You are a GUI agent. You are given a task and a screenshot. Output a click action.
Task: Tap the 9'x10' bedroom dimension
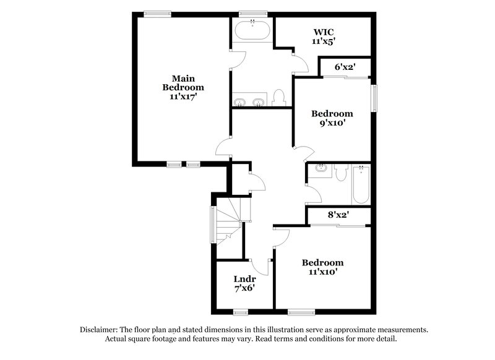[332, 122]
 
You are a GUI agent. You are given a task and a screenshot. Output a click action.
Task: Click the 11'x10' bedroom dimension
[322, 272]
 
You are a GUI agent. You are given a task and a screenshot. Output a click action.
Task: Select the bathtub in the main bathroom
[252, 30]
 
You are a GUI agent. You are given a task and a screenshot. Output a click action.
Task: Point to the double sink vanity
[250, 101]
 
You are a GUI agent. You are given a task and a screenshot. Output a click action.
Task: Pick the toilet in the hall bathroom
[340, 172]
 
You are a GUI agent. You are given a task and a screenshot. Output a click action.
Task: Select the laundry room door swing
[262, 267]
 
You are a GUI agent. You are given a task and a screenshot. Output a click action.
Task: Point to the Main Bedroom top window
[158, 12]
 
